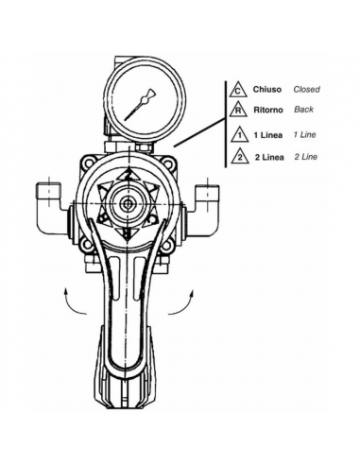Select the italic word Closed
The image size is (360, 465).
point(306,90)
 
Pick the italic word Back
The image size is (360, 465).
point(302,110)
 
